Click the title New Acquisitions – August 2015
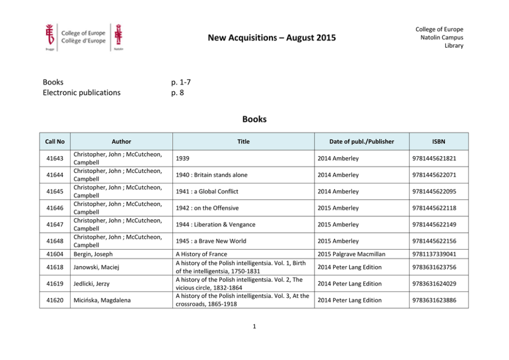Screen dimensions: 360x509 pyautogui.click(x=272, y=37)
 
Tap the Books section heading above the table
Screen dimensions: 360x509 pyautogui.click(x=254, y=119)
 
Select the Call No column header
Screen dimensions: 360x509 pyautogui.click(x=54, y=142)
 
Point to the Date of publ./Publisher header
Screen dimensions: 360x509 pyautogui.click(x=362, y=142)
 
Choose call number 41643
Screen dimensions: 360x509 pyautogui.click(x=54, y=158)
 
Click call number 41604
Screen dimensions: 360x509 pyautogui.click(x=54, y=254)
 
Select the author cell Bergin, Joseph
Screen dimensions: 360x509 pyautogui.click(x=93, y=254)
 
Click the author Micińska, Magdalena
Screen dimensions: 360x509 pyautogui.click(x=102, y=300)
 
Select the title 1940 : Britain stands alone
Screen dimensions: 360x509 pyautogui.click(x=211, y=175)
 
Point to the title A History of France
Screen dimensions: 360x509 pyautogui.click(x=201, y=254)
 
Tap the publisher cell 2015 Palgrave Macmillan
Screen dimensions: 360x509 pyautogui.click(x=351, y=254)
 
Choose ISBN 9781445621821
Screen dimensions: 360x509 pyautogui.click(x=434, y=158)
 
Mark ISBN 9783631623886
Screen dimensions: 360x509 pyautogui.click(x=434, y=300)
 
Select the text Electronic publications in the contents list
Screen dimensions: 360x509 pyautogui.click(x=82, y=92)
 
